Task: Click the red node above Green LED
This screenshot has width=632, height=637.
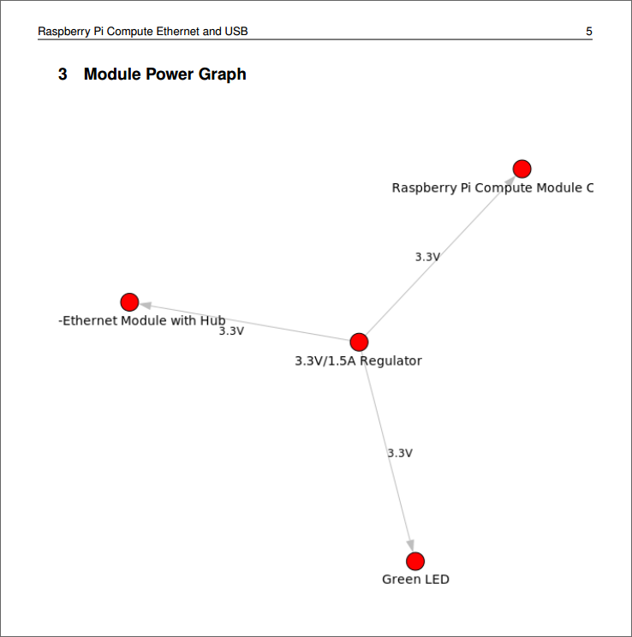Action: pyautogui.click(x=415, y=561)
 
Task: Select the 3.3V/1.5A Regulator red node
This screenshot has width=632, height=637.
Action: pyautogui.click(x=359, y=342)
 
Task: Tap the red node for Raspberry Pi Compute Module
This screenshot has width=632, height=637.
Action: pyautogui.click(x=522, y=169)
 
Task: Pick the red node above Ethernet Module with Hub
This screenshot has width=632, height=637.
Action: pyautogui.click(x=129, y=302)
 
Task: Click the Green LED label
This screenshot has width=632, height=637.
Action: pyautogui.click(x=415, y=580)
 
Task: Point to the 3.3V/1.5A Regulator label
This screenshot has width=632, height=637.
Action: pyautogui.click(x=358, y=360)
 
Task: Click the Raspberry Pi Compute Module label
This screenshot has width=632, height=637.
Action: pyautogui.click(x=492, y=188)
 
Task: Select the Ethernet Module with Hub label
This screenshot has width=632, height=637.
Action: pyautogui.click(x=142, y=320)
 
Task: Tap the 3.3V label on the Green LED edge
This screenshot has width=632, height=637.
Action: pyautogui.click(x=400, y=453)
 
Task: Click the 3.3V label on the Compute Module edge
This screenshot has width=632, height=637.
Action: pyautogui.click(x=427, y=257)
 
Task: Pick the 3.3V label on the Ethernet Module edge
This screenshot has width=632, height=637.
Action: pyautogui.click(x=231, y=331)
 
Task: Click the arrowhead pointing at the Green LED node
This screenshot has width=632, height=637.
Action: pyautogui.click(x=410, y=545)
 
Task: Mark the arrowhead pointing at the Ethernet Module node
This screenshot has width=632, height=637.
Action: pyautogui.click(x=146, y=305)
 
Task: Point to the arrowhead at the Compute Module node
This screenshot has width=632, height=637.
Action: pyautogui.click(x=510, y=181)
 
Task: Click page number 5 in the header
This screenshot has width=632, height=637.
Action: pyautogui.click(x=589, y=32)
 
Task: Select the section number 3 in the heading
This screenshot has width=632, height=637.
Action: pyautogui.click(x=63, y=74)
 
